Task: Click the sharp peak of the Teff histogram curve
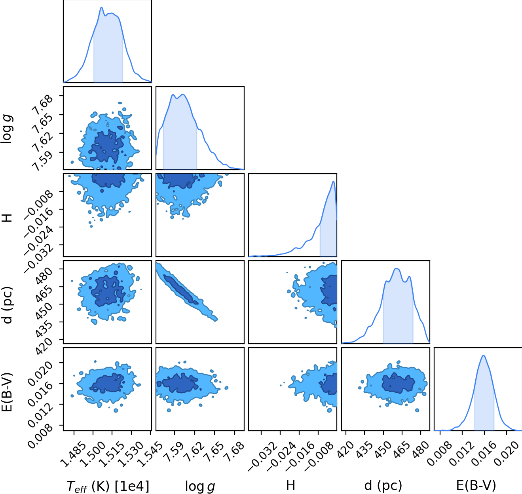pyautogui.click(x=101, y=7)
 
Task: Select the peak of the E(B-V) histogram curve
pyautogui.click(x=484, y=356)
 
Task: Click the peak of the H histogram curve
pyautogui.click(x=334, y=181)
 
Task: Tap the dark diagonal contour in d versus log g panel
pyautogui.click(x=180, y=289)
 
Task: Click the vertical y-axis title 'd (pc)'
pyautogui.click(x=8, y=305)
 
